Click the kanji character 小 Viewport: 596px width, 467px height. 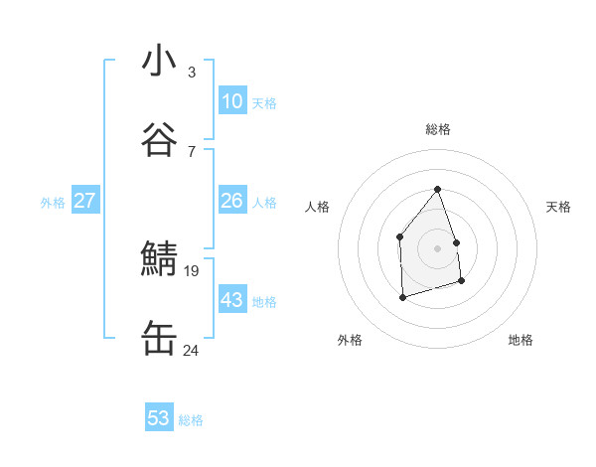[159, 62]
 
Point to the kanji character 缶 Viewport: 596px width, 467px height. [159, 340]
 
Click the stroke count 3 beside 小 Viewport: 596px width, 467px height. [191, 72]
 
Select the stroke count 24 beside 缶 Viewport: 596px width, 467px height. [192, 350]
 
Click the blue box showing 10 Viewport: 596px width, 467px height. [231, 101]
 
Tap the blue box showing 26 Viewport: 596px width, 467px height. [231, 201]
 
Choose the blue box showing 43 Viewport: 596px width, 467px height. [231, 300]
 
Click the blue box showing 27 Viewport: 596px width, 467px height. [84, 201]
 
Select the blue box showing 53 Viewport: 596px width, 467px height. [159, 418]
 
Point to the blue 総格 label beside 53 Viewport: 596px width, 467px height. [191, 420]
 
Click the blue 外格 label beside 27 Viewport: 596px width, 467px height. [53, 203]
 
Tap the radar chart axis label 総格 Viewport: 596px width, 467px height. [437, 129]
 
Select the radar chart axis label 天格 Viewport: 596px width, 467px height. [559, 207]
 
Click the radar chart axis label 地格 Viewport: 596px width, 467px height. [521, 340]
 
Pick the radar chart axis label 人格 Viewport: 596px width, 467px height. [317, 207]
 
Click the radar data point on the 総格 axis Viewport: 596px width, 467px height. [437, 189]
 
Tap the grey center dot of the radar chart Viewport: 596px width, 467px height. [437, 248]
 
